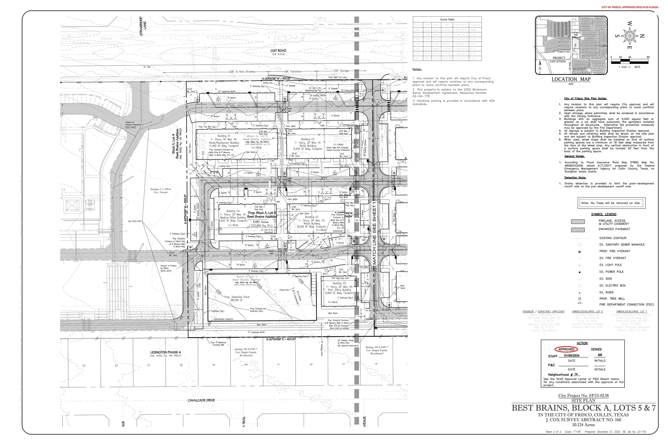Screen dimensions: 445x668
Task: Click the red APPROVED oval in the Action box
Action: click(566, 349)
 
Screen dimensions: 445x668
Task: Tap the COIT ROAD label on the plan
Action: click(278, 51)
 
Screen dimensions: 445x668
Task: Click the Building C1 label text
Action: click(224, 136)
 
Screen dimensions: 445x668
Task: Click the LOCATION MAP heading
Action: click(571, 79)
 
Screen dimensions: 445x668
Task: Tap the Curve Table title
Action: click(447, 20)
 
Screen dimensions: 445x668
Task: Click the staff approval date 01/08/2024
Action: click(571, 356)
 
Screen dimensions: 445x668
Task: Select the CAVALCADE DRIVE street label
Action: click(201, 400)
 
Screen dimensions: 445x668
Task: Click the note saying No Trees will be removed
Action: click(611, 203)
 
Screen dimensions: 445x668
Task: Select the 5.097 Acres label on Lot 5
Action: click(261, 222)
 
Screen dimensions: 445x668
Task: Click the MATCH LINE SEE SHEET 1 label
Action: click(375, 232)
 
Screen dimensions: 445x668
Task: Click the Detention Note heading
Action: click(575, 178)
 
